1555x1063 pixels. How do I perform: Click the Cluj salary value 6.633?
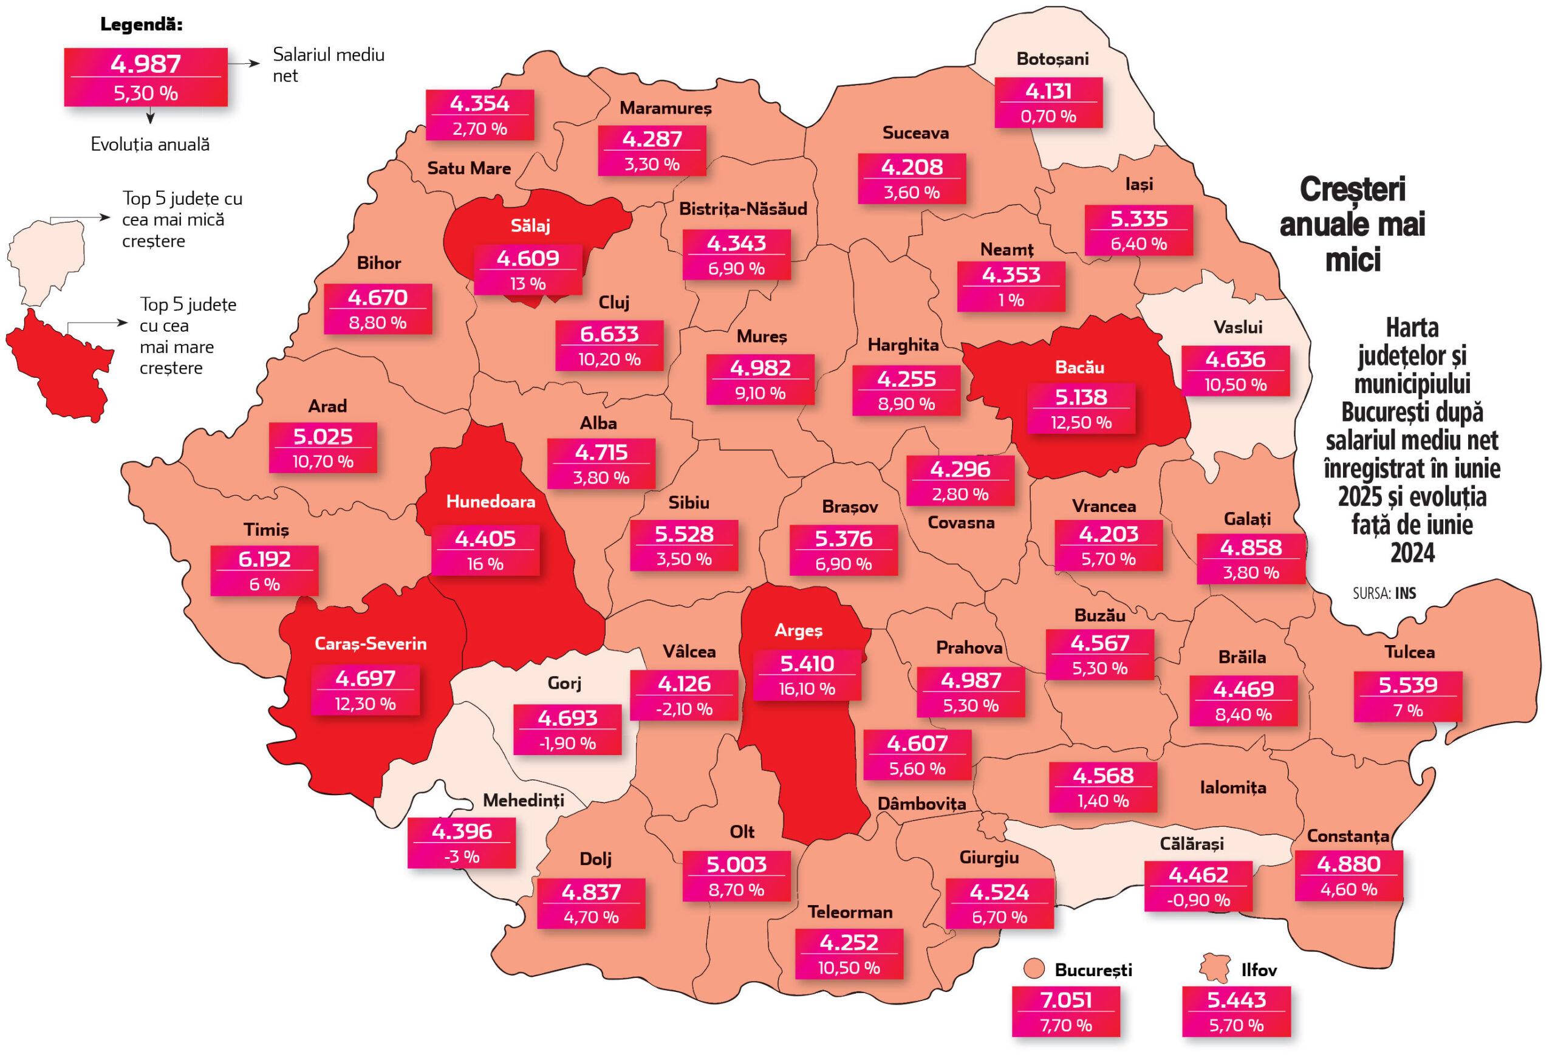(609, 333)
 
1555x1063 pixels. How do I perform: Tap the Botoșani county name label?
(1052, 59)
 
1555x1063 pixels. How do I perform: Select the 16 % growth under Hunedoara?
(485, 564)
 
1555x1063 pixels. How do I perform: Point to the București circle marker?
(1034, 969)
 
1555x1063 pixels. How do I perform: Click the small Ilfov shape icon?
(1215, 969)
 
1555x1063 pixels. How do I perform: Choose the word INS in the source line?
(1405, 593)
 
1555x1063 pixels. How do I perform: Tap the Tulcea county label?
(1409, 652)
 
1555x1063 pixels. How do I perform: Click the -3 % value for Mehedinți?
(462, 857)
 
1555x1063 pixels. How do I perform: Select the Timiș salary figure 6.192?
(264, 559)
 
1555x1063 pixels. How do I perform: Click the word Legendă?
(141, 25)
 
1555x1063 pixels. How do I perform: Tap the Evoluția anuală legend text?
(150, 145)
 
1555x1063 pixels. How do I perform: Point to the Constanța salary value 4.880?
(1348, 864)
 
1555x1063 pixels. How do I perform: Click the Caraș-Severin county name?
(370, 643)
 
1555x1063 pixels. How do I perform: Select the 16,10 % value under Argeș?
(806, 689)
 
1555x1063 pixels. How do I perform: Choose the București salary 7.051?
(1066, 999)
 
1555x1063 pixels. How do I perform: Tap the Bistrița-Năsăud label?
(743, 209)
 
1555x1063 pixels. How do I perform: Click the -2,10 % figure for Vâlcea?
(684, 709)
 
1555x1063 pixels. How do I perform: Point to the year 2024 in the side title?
(1412, 553)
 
